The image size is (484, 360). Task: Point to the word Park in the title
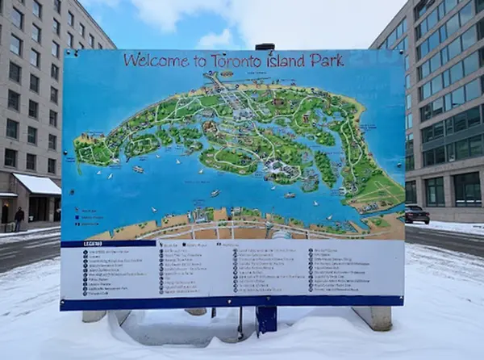click(x=330, y=61)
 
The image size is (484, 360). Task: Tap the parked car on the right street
click(x=416, y=214)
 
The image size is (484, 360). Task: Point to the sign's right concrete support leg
click(x=373, y=316)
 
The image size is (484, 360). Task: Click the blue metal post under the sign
click(x=265, y=319)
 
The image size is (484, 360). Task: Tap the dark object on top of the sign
click(x=265, y=47)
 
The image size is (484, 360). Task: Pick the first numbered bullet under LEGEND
click(x=86, y=252)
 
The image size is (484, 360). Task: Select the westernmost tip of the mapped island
click(x=77, y=150)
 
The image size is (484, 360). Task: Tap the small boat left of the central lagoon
click(x=139, y=169)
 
